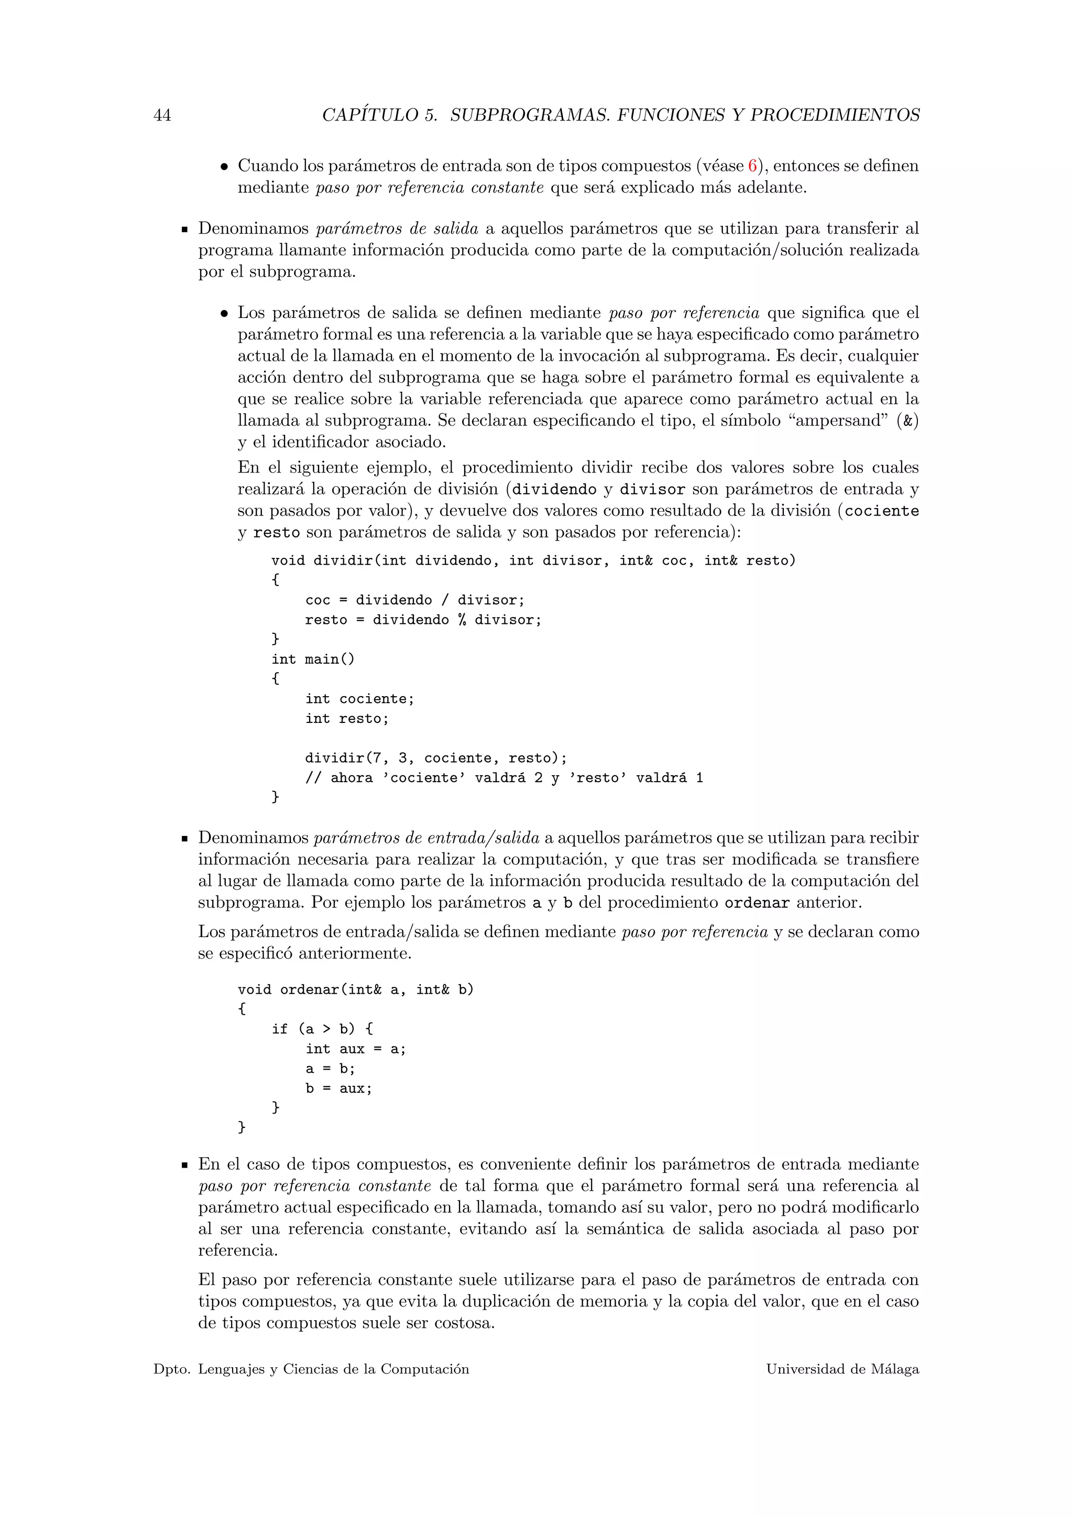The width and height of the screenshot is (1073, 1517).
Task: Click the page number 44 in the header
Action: click(x=162, y=116)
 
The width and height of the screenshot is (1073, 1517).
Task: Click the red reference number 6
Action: click(x=752, y=166)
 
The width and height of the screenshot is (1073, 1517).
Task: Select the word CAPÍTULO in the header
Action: click(x=370, y=116)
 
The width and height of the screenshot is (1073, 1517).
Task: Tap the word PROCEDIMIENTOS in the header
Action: click(x=835, y=116)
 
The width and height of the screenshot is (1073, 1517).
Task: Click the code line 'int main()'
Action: click(x=312, y=659)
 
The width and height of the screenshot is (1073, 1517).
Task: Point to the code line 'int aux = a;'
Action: click(x=355, y=1049)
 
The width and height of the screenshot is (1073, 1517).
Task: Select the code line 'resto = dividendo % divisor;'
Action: click(x=423, y=620)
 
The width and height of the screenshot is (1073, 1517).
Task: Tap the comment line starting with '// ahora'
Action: click(x=503, y=778)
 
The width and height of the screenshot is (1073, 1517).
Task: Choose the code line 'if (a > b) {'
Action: click(x=322, y=1029)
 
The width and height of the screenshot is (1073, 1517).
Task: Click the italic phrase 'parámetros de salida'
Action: click(x=397, y=229)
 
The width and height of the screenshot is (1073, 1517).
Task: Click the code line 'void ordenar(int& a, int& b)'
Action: click(x=355, y=990)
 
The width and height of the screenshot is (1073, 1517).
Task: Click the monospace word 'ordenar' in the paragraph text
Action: click(x=757, y=903)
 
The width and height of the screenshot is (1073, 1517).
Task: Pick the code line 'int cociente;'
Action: click(x=359, y=699)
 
